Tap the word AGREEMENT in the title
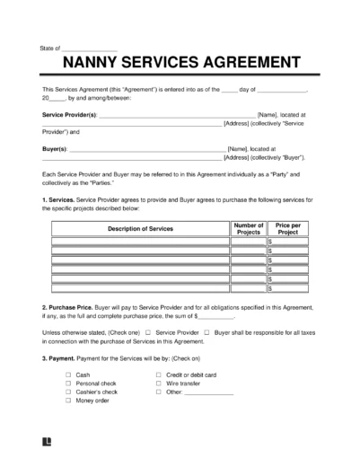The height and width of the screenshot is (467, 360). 254,64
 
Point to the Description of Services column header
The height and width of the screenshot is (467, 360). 139,229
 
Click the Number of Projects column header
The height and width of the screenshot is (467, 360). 247,229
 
